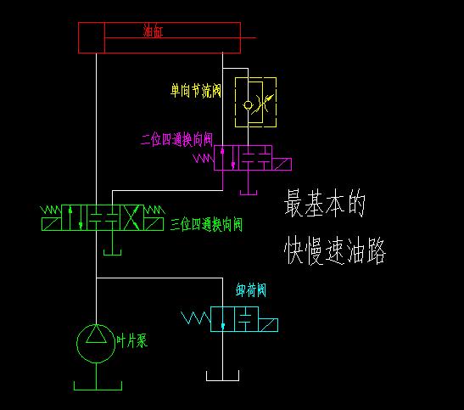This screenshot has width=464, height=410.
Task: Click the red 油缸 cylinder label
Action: click(153, 31)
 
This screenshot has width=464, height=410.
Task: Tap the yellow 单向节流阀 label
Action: click(196, 91)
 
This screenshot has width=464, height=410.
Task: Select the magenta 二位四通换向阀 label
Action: click(176, 140)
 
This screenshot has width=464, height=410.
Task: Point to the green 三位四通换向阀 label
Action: click(206, 225)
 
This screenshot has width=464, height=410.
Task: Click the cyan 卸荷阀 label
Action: click(251, 290)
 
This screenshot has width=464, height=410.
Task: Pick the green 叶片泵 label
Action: click(131, 341)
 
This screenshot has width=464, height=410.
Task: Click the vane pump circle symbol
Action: click(76, 344)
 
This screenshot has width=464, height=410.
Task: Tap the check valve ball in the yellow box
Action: click(248, 104)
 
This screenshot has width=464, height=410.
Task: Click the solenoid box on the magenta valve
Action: click(282, 165)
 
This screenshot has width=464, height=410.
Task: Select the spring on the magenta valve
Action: click(204, 159)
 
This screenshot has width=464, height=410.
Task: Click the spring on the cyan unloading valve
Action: click(196, 318)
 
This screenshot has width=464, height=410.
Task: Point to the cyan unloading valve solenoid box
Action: click(268, 325)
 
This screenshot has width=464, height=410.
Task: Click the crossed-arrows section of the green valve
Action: click(131, 217)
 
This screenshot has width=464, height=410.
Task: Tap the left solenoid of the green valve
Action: click(52, 224)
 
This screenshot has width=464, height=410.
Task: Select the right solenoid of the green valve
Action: click(154, 224)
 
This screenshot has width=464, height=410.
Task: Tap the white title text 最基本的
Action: click(325, 203)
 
